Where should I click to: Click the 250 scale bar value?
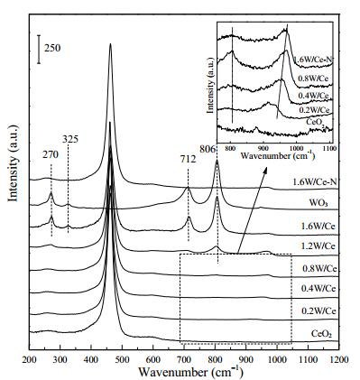click(52, 48)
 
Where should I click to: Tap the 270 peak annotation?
click(50, 154)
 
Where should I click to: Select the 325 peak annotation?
click(70, 139)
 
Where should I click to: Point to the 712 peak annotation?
click(188, 159)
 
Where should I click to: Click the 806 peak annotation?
click(208, 149)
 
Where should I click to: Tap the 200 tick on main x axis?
click(30, 359)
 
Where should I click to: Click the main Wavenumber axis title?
click(190, 372)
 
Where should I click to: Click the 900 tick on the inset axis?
click(263, 148)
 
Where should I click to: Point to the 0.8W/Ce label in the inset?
click(312, 79)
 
